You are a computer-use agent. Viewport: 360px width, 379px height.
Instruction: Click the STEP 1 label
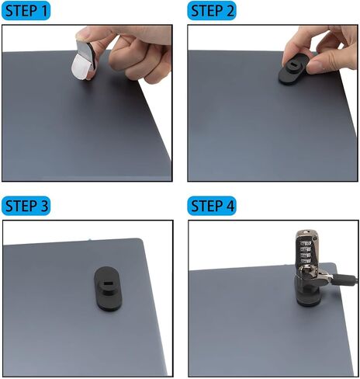pyautogui.click(x=26, y=11)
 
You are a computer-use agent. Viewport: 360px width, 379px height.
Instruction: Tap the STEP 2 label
pyautogui.click(x=212, y=11)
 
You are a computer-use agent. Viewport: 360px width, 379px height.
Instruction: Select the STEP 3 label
pyautogui.click(x=26, y=206)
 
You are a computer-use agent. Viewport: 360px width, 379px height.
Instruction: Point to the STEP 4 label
pyautogui.click(x=212, y=206)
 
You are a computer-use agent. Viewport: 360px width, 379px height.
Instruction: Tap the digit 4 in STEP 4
pyautogui.click(x=229, y=207)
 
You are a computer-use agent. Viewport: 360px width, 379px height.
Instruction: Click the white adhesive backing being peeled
pyautogui.click(x=81, y=67)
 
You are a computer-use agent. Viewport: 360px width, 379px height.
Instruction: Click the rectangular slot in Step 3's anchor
pyautogui.click(x=106, y=283)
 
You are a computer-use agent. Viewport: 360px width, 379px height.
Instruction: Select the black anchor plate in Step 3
pyautogui.click(x=107, y=288)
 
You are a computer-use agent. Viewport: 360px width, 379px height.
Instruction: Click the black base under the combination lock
pyautogui.click(x=308, y=295)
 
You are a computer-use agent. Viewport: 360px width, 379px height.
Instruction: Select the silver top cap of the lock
pyautogui.click(x=307, y=235)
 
